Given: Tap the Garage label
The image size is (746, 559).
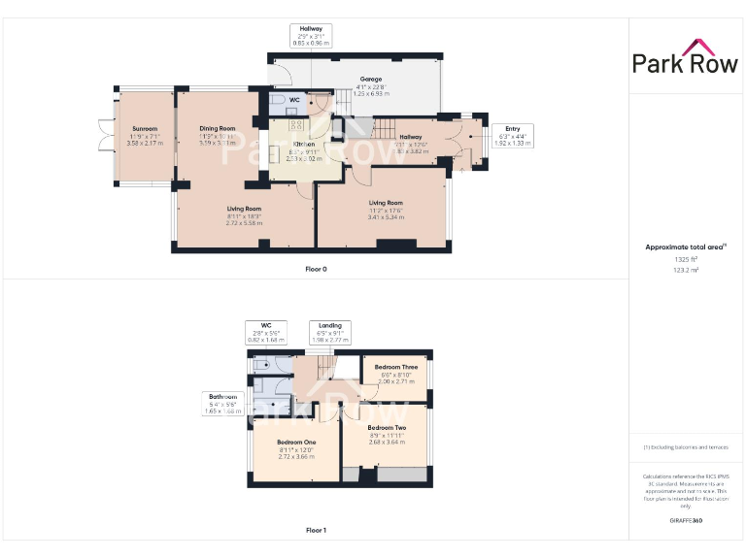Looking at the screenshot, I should pos(371,85).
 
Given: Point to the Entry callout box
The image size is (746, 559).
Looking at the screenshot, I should pos(512,135).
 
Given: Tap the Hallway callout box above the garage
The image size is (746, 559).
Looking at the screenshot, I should pos(312,36).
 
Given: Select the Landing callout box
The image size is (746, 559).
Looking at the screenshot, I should pos(330,332).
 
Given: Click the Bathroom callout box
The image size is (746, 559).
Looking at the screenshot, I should pos(221,404).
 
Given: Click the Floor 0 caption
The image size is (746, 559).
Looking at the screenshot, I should pos(316,269).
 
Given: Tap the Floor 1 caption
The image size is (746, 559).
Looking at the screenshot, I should pos(316,531).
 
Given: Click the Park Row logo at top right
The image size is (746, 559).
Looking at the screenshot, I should pos(686,58).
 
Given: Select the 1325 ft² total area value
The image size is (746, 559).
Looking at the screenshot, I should pos(686,259).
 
